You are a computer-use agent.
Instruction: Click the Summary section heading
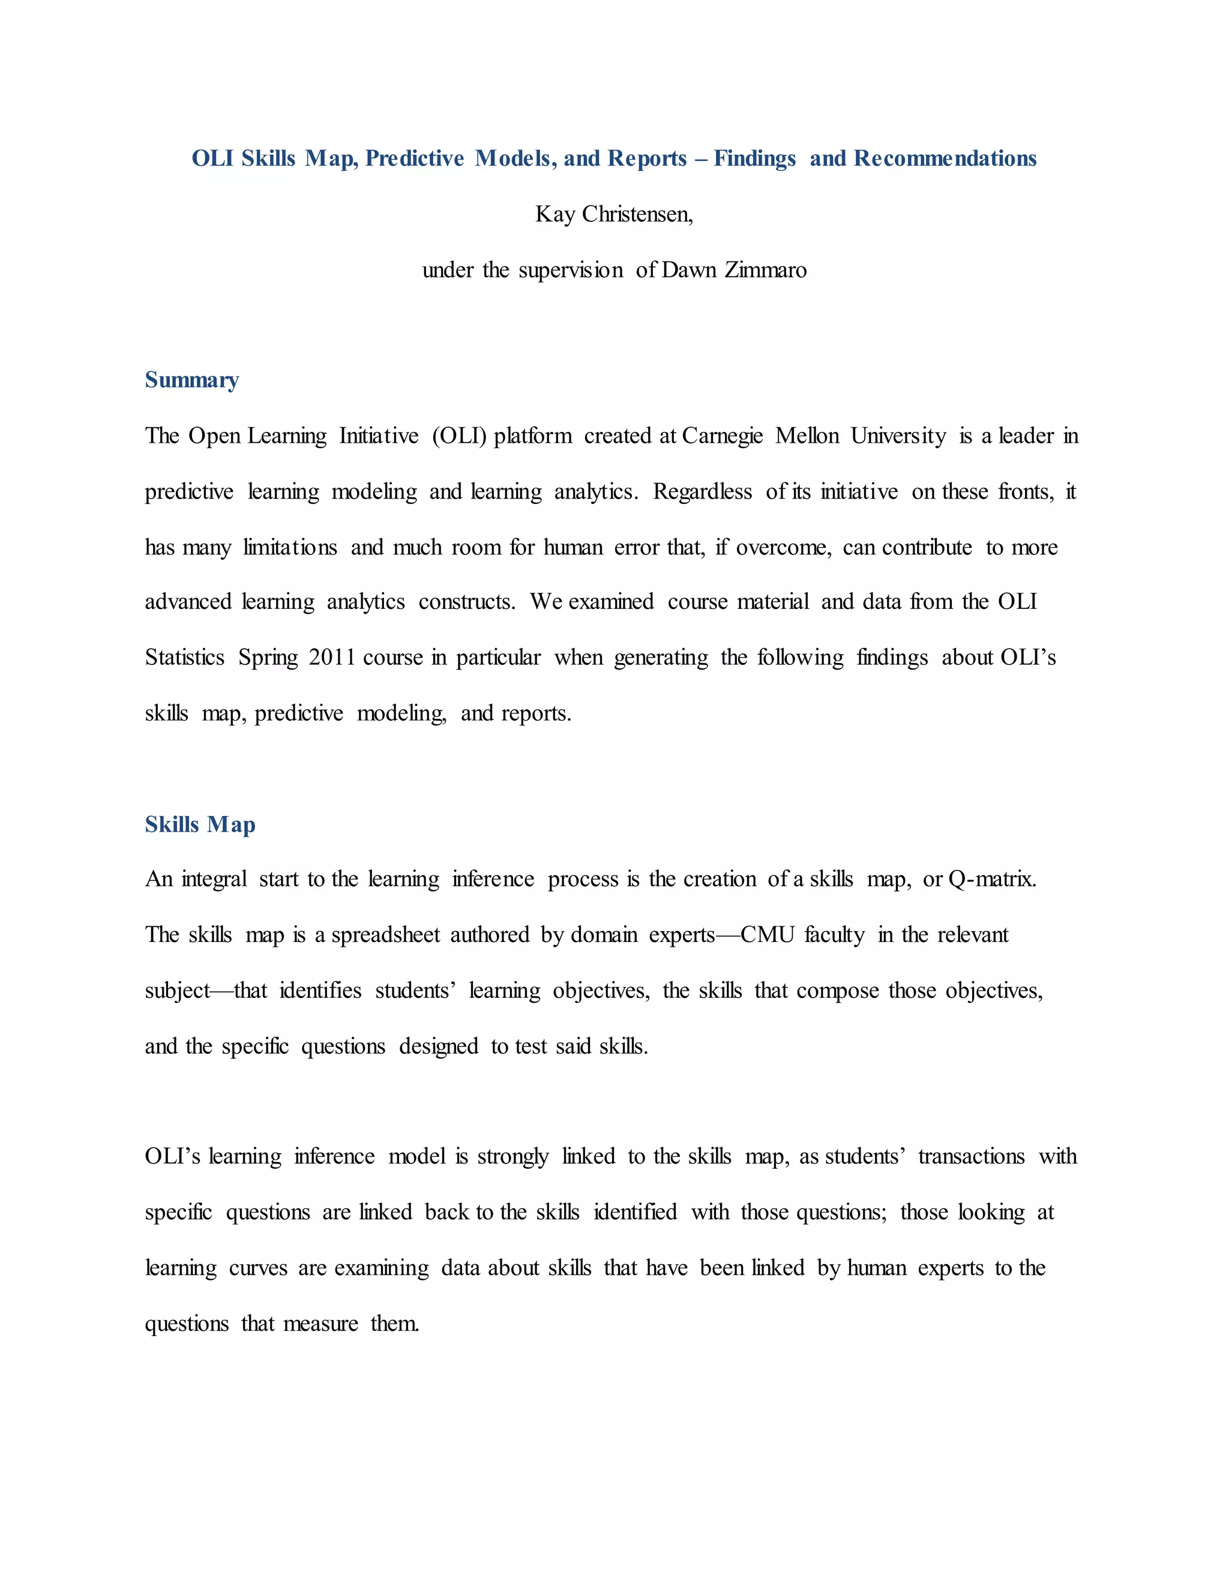(x=191, y=380)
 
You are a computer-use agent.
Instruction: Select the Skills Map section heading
(x=200, y=825)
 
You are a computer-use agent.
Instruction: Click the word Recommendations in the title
(x=945, y=159)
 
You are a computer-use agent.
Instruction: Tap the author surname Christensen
(x=637, y=215)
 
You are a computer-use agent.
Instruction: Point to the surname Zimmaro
(x=765, y=270)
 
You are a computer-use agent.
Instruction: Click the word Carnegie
(x=723, y=436)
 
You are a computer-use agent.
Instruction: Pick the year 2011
(x=331, y=658)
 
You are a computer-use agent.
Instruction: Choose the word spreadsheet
(x=386, y=935)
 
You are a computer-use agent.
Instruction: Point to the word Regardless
(x=702, y=492)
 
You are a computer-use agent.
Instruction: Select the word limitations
(x=290, y=547)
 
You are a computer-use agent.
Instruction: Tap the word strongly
(x=512, y=1157)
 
